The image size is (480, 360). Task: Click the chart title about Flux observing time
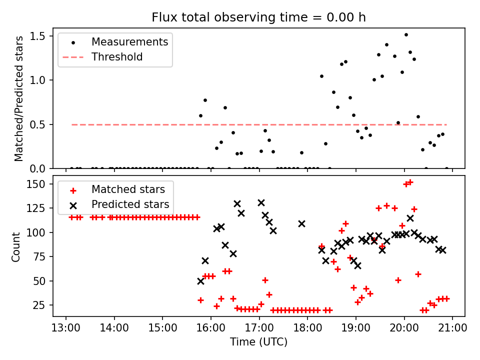[x=259, y=17]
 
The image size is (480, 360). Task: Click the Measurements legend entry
[x=129, y=42]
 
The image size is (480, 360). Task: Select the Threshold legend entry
[x=117, y=57]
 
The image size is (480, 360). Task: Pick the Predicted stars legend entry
[x=130, y=204]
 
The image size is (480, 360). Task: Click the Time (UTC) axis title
[x=258, y=342]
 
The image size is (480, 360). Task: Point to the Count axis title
[x=16, y=246]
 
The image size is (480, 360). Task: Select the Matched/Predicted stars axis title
[x=19, y=98]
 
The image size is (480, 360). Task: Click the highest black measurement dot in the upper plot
[x=406, y=35]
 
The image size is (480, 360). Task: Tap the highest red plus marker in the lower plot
[x=410, y=182]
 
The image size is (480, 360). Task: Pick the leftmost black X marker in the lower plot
[x=200, y=281]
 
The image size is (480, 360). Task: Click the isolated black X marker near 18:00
[x=301, y=223]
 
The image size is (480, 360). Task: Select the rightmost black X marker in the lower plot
[x=442, y=250]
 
